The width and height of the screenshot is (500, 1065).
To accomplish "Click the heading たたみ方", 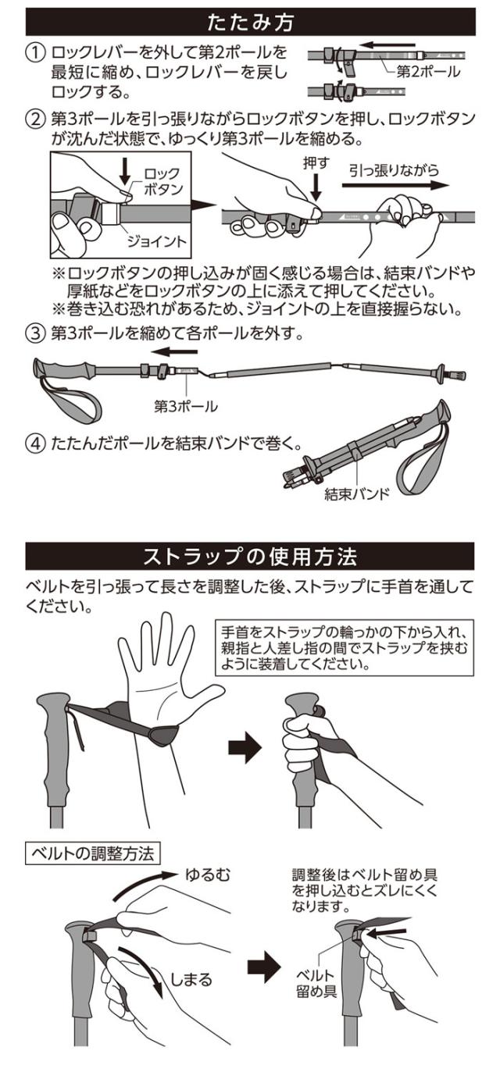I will pyautogui.click(x=249, y=21).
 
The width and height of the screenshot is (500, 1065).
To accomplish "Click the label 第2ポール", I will pyautogui.click(x=427, y=72).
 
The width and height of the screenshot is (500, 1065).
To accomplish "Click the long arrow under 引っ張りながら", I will pyautogui.click(x=397, y=187).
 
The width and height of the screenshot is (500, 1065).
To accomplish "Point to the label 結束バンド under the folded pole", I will pyautogui.click(x=358, y=495).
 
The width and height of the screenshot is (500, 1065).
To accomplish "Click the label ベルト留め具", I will pyautogui.click(x=320, y=985).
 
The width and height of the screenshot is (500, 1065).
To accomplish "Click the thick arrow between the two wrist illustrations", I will pyautogui.click(x=245, y=748).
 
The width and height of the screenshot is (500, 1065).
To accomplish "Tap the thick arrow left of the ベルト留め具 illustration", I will pyautogui.click(x=263, y=967).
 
